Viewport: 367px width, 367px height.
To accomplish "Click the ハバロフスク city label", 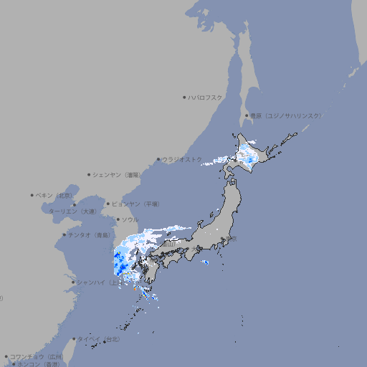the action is tap(206, 97).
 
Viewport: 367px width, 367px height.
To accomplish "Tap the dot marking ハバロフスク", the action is tap(184, 97).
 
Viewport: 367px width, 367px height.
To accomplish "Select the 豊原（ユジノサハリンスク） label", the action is tap(286, 115).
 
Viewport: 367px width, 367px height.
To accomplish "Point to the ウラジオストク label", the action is tap(182, 159).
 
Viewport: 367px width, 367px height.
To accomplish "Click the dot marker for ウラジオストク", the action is tap(158, 159).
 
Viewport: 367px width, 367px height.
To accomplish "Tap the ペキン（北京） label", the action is tap(55, 195).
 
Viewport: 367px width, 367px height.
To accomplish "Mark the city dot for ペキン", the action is tap(32, 195).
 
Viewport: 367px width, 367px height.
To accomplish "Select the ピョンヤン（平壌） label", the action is tap(136, 204).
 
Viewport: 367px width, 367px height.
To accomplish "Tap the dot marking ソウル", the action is tap(116, 219).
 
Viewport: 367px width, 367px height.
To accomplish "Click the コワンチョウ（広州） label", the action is tap(36, 356).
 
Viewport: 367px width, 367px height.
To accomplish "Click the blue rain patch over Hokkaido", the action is tap(248, 153).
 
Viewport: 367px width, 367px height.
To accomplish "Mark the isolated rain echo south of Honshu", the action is tap(206, 262).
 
